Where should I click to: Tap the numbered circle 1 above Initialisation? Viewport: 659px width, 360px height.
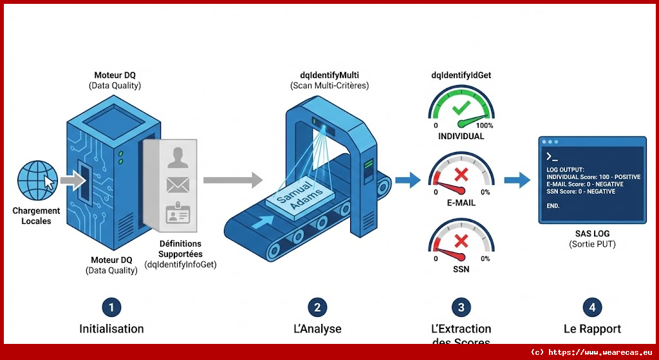[111, 307]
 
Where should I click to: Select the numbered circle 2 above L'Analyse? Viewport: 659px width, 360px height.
[317, 307]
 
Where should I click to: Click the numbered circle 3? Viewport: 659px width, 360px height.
[460, 307]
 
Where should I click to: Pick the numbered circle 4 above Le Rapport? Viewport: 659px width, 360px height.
[592, 307]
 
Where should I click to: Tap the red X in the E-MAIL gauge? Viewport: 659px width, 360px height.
[461, 174]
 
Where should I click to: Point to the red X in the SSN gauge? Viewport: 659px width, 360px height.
[461, 241]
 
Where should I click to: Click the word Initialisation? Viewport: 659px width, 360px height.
[111, 328]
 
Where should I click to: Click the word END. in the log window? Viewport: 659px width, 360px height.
[553, 206]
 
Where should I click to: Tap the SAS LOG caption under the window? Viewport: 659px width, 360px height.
[592, 233]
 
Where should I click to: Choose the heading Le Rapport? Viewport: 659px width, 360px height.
[592, 328]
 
